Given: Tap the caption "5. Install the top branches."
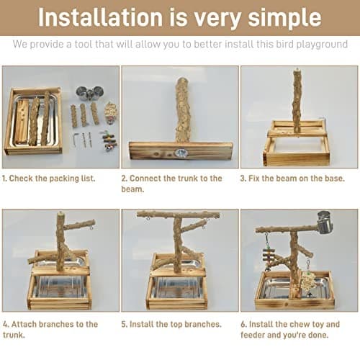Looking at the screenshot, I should click(171, 325).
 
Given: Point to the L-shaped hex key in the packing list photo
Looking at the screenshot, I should click(76, 138).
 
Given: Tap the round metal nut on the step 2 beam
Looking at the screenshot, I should click(181, 153).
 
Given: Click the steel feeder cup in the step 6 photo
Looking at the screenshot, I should click(323, 222).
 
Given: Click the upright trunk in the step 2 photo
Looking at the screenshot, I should click(182, 108).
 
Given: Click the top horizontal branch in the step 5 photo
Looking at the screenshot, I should click(179, 215).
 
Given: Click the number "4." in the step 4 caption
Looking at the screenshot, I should click(6, 325).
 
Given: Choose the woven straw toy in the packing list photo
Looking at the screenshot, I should click(110, 112).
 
